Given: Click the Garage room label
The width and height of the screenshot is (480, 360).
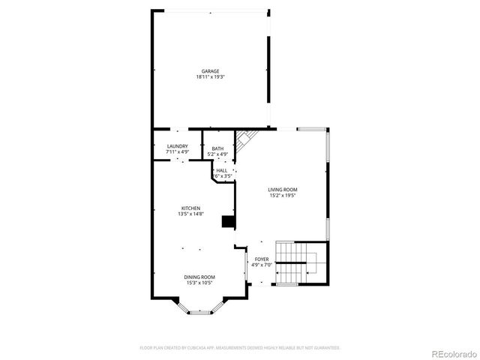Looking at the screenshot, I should (x=210, y=71).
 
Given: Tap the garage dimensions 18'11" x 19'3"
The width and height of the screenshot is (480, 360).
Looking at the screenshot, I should (x=210, y=76).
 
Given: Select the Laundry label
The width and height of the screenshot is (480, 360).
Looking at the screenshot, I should (x=177, y=146).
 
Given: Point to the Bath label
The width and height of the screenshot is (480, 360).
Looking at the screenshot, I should (x=217, y=148).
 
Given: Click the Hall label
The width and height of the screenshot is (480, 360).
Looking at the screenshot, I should (x=222, y=170).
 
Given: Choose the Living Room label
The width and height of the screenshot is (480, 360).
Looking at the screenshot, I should (x=283, y=190).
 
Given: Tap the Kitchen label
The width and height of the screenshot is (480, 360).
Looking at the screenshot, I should (x=190, y=208).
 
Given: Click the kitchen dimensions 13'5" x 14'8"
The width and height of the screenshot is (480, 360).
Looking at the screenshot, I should (x=190, y=214).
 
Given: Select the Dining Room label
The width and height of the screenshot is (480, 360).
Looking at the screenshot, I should (x=199, y=277).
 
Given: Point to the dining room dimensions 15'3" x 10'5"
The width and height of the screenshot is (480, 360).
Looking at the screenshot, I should (x=199, y=283).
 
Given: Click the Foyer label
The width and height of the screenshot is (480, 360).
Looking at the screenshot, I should (x=261, y=259).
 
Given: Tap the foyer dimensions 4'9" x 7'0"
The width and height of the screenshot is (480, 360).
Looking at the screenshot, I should (x=261, y=265).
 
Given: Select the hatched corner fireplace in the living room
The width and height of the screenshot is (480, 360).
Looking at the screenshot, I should (x=245, y=139).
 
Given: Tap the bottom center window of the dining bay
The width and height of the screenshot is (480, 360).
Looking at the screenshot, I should (x=199, y=312).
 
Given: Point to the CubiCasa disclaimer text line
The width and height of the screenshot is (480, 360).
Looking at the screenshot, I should (x=240, y=347).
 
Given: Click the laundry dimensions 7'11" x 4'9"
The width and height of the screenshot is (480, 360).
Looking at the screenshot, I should (x=177, y=152).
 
